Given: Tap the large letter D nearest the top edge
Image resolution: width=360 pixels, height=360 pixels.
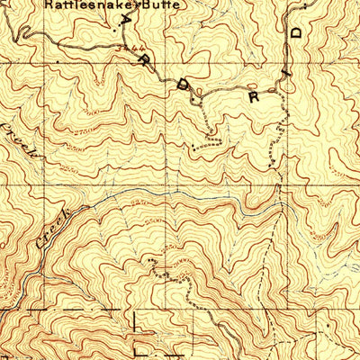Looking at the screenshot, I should pyautogui.click(x=295, y=33).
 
